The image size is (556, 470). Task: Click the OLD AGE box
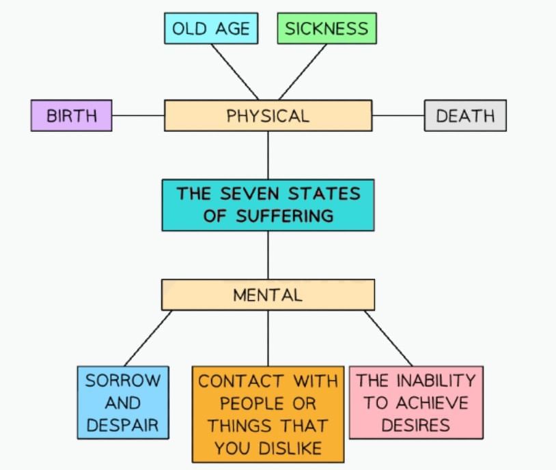point(211,29)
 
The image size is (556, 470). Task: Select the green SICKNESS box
point(326,29)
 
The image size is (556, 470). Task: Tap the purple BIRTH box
point(71,115)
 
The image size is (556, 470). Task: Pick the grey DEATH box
point(465,115)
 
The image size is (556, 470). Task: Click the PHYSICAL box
point(268,115)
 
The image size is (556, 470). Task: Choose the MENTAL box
point(268,295)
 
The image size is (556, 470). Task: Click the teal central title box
point(268,205)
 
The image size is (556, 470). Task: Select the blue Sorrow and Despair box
point(123,402)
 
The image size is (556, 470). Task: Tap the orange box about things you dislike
point(268,414)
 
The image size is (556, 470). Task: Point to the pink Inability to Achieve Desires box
point(416,402)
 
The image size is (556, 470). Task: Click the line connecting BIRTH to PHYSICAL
point(137,115)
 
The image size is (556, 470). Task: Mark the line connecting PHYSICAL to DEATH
point(398,115)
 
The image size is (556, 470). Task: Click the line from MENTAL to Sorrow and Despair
point(148,338)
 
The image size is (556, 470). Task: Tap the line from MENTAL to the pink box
point(388,338)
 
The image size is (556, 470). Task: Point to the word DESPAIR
point(123,426)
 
